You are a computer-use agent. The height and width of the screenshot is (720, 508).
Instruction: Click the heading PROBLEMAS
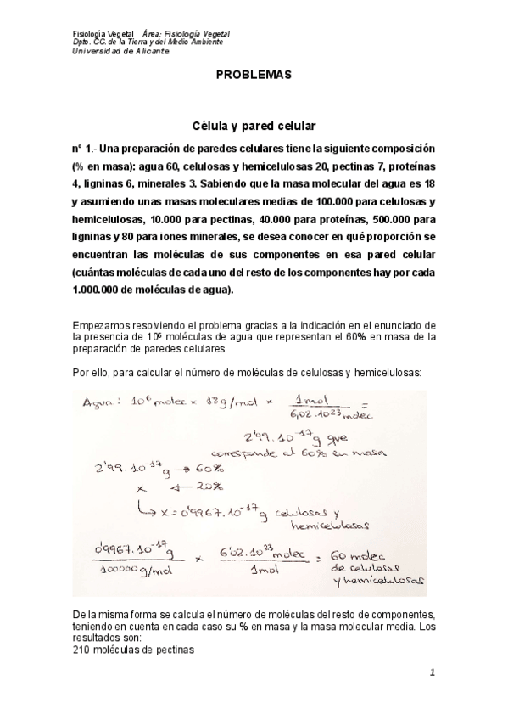(x=254, y=75)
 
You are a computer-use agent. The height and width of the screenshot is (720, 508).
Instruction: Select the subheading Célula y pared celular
(x=254, y=125)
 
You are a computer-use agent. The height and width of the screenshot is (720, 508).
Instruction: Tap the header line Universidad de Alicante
(x=121, y=51)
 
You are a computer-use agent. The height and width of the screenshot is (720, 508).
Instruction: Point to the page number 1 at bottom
(x=433, y=673)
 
